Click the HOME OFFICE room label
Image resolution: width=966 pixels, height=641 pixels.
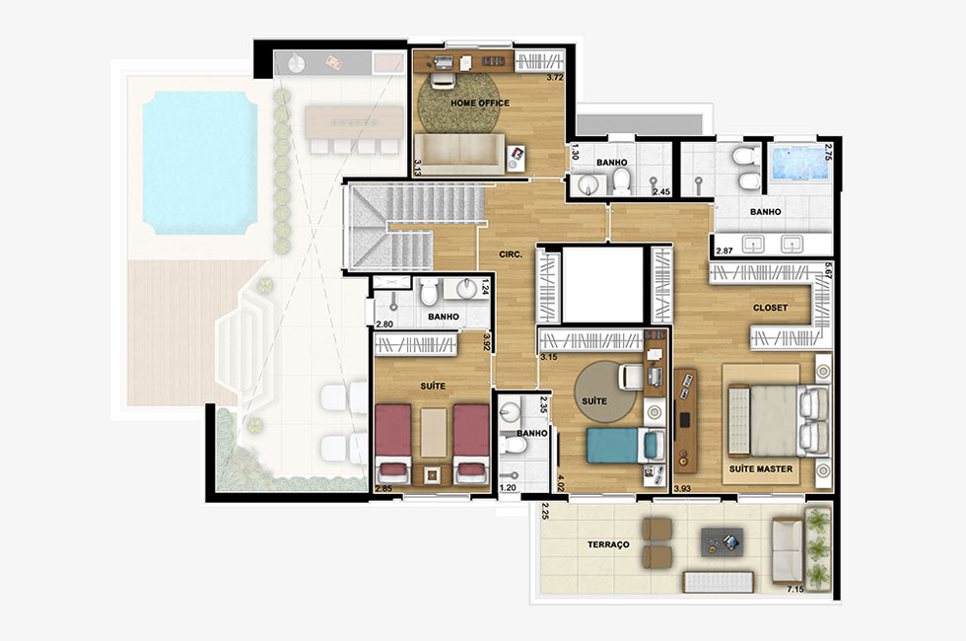(x=480, y=103)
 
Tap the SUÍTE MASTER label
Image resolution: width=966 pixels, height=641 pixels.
(x=761, y=468)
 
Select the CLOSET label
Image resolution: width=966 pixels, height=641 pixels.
(x=770, y=307)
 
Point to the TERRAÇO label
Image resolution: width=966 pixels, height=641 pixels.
(x=608, y=544)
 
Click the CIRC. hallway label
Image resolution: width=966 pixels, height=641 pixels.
(x=511, y=254)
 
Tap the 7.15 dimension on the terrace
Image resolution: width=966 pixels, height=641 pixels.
(x=794, y=590)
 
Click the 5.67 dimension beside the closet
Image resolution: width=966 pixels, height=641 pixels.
(x=829, y=271)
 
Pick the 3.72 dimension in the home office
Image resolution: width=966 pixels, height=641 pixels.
(x=555, y=78)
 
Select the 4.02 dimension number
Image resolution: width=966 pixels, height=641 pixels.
(x=560, y=481)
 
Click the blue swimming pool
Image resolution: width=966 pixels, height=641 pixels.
(x=200, y=164)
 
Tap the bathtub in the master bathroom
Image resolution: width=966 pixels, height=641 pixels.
(x=799, y=164)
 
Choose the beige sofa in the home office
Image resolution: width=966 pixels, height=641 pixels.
(x=459, y=155)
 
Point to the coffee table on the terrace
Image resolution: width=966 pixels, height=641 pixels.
(x=722, y=543)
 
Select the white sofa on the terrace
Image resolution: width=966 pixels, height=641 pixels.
(x=788, y=550)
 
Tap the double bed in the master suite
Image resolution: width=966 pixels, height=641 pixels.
(x=778, y=421)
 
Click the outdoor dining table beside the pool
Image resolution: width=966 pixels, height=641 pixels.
(x=354, y=122)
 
